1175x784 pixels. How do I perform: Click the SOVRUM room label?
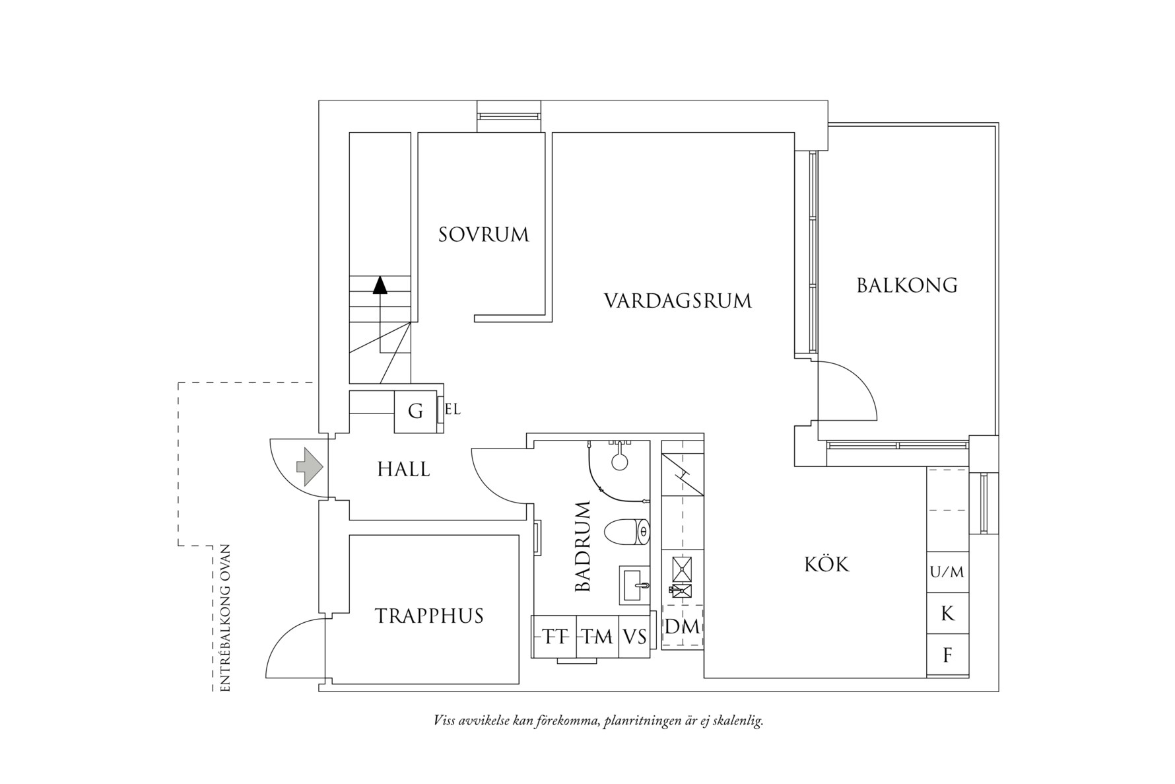tap(484, 234)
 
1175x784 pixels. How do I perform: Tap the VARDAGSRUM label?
tap(678, 301)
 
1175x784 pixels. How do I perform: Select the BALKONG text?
tap(907, 285)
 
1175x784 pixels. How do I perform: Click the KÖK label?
tap(826, 565)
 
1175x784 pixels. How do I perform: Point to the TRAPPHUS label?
tap(430, 616)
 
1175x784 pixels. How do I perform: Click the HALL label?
tap(403, 470)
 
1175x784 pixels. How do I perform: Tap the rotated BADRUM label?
tap(582, 546)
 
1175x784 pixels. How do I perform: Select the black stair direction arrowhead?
tap(380, 285)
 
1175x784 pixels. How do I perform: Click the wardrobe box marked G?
tap(415, 411)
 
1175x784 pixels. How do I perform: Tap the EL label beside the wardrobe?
tap(453, 410)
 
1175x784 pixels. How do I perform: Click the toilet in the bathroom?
tap(627, 532)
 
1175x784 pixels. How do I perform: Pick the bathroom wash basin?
tap(634, 584)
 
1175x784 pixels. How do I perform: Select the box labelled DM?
tap(682, 627)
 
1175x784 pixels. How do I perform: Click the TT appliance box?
tap(555, 637)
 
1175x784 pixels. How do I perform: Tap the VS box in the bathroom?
tap(634, 637)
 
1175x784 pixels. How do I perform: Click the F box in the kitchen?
tap(947, 655)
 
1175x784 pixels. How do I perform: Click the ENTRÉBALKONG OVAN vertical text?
tap(225, 618)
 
